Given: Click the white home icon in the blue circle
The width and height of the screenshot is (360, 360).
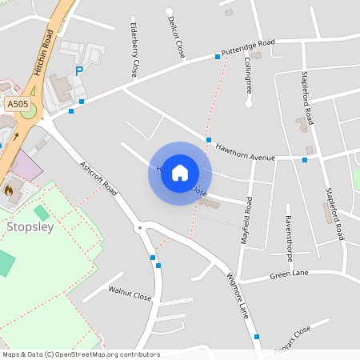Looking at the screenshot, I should pyautogui.click(x=180, y=173).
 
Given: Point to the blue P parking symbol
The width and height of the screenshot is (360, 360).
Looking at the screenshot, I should pyautogui.click(x=78, y=72).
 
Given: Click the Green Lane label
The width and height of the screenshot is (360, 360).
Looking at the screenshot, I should pyautogui.click(x=289, y=274).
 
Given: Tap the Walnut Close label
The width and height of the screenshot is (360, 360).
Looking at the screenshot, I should pyautogui.click(x=130, y=295).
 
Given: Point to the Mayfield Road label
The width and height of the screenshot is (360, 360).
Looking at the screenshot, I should pyautogui.click(x=247, y=220).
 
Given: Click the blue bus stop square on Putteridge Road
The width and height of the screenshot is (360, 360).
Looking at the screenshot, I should pyautogui.click(x=217, y=57).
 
